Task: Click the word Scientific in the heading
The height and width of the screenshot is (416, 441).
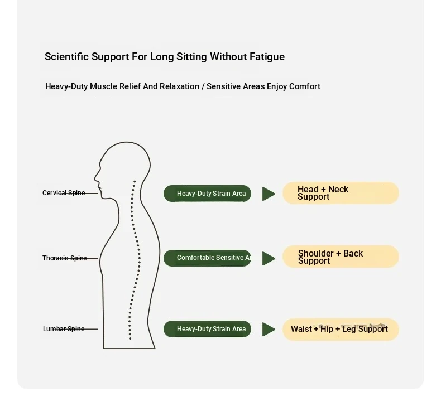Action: point(66,57)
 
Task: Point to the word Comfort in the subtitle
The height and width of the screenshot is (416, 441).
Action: point(305,86)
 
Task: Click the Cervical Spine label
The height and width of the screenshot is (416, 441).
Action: point(64,193)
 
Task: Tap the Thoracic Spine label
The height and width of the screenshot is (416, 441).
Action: point(64,258)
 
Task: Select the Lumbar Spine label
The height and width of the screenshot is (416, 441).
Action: point(64,329)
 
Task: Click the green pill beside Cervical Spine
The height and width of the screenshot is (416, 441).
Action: point(207,194)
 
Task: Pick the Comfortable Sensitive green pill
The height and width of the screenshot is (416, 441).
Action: point(207,258)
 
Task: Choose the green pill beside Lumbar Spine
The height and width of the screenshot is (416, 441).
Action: point(207,329)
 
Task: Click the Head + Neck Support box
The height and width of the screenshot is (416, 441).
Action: point(341,193)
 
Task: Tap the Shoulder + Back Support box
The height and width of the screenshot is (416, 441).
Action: point(341,257)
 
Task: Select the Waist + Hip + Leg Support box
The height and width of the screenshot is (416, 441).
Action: point(341,329)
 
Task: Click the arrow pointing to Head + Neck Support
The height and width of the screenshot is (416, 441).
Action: point(269,194)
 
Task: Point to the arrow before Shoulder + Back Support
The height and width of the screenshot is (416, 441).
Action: point(269,258)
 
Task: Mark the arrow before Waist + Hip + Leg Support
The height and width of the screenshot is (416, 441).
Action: point(269,329)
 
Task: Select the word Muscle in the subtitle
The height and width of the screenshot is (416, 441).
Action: point(103,86)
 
